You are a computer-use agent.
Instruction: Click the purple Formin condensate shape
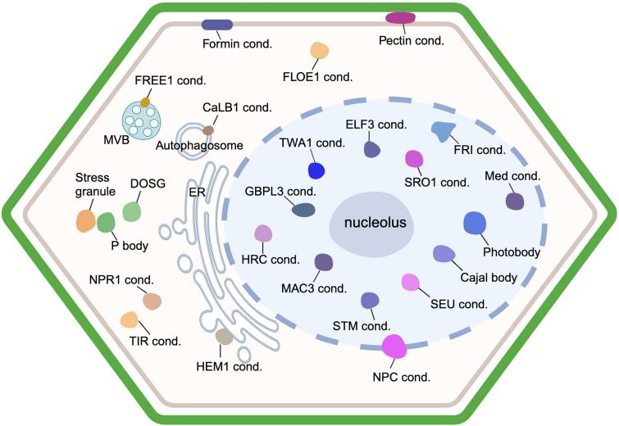pyautogui.click(x=216, y=25)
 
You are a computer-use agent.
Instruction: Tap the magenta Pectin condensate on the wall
pyautogui.click(x=400, y=18)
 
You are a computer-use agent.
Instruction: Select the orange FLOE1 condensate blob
pyautogui.click(x=320, y=52)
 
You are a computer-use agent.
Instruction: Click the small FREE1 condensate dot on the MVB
pyautogui.click(x=145, y=102)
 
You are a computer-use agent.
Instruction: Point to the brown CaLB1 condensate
pyautogui.click(x=209, y=129)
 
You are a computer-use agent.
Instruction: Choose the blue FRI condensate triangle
pyautogui.click(x=444, y=130)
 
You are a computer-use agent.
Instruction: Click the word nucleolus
pyautogui.click(x=368, y=223)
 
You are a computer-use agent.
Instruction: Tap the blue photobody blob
pyautogui.click(x=475, y=222)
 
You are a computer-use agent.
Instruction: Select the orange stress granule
pyautogui.click(x=86, y=220)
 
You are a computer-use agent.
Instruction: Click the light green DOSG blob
pyautogui.click(x=132, y=211)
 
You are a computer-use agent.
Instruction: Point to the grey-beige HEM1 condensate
pyautogui.click(x=224, y=335)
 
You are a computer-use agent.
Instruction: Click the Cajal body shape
pyautogui.click(x=444, y=254)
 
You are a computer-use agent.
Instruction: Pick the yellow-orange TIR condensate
pyautogui.click(x=129, y=319)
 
